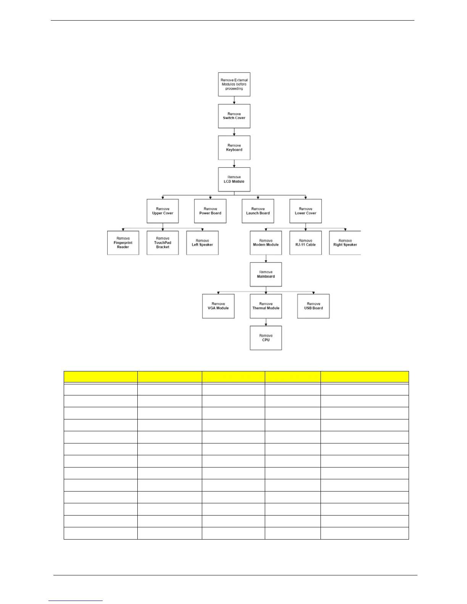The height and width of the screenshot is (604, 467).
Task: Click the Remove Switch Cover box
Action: point(234,116)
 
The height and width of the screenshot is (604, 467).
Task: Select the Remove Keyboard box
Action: point(234,148)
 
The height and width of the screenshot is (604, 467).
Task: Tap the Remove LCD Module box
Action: point(234,179)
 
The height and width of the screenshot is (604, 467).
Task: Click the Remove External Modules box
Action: point(234,84)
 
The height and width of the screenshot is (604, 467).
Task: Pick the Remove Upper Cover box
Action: point(163,211)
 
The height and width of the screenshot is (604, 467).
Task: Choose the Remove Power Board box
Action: point(210,211)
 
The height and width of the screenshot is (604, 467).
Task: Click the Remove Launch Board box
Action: point(258,211)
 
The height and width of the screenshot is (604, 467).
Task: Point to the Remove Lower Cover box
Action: point(305,211)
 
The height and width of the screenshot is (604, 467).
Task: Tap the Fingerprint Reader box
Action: point(123,243)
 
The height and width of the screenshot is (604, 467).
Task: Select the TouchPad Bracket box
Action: point(163,243)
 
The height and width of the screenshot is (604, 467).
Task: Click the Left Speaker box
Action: point(202,243)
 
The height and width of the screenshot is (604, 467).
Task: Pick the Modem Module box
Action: point(266,243)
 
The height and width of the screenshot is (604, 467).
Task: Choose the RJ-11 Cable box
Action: point(305,243)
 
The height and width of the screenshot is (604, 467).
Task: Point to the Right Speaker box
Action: point(345,243)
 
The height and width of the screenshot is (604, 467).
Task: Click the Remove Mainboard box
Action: point(266,274)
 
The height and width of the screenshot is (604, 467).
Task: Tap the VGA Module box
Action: point(218,306)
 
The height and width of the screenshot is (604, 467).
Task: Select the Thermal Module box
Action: point(266,306)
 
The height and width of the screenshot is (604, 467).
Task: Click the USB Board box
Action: point(313,306)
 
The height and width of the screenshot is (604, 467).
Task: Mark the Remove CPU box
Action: point(266,338)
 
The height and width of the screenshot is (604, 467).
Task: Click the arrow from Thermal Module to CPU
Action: point(266,322)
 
